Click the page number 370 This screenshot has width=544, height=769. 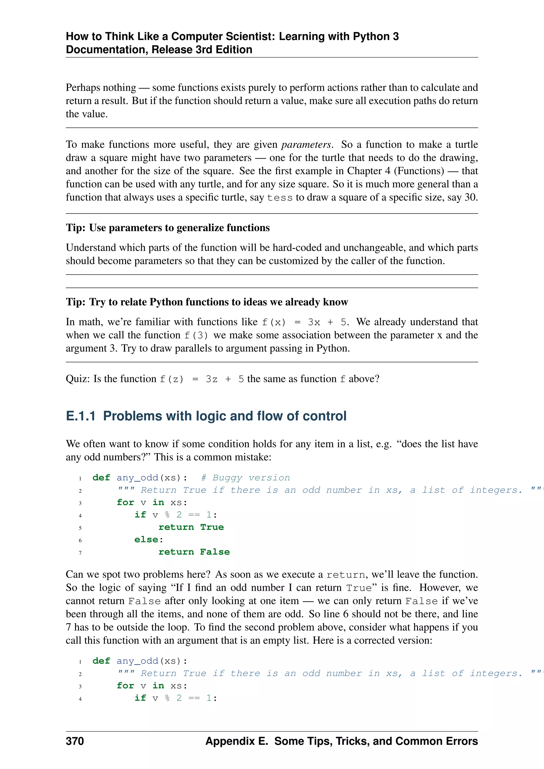click(x=75, y=741)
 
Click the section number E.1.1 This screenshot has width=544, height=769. click(x=81, y=416)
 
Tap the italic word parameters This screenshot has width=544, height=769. click(x=306, y=144)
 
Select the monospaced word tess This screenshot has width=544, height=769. click(x=280, y=198)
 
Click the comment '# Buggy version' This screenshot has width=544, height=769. click(x=245, y=478)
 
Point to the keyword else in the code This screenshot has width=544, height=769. click(x=146, y=540)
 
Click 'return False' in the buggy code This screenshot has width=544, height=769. click(x=194, y=552)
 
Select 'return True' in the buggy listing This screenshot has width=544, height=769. click(x=191, y=527)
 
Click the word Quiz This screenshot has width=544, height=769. click(x=77, y=379)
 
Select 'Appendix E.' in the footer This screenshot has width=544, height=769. click(x=237, y=741)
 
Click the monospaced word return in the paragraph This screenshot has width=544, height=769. click(x=345, y=575)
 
